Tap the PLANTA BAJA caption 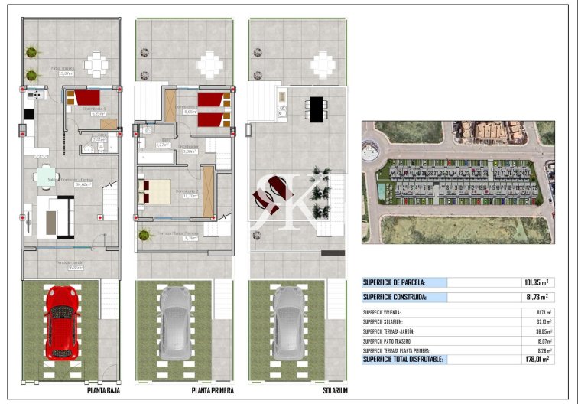tap(103, 390)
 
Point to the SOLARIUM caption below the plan tap(335, 390)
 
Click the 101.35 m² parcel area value tap(538, 282)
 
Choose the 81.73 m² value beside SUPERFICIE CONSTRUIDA tap(538, 297)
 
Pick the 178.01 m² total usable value tap(537, 359)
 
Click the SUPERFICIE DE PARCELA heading tap(394, 282)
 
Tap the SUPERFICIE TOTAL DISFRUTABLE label tap(402, 359)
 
